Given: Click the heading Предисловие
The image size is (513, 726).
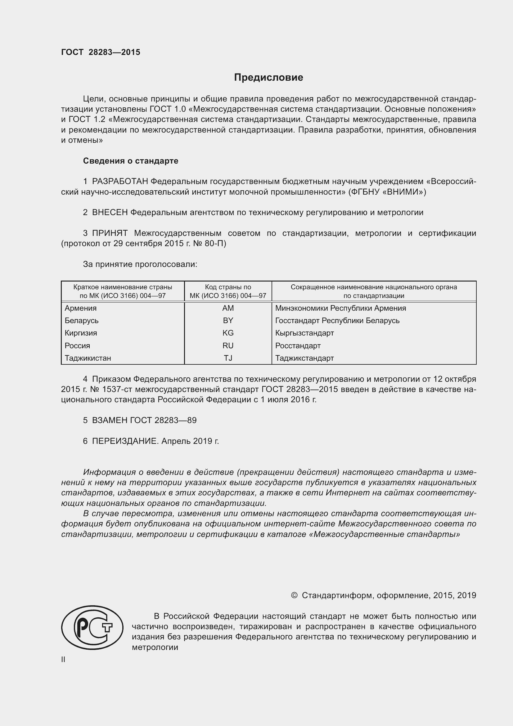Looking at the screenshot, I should (268, 78).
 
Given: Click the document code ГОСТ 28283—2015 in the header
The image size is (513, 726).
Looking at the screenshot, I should (101, 52).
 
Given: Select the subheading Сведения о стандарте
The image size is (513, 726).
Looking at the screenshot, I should (131, 161).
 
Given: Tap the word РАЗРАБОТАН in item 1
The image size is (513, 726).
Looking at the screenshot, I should (120, 182).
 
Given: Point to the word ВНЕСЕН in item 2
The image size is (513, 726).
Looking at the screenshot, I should (110, 213).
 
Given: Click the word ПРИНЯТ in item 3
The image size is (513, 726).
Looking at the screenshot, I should (110, 233).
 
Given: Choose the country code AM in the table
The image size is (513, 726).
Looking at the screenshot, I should (228, 308).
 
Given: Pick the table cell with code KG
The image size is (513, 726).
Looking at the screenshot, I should (228, 333).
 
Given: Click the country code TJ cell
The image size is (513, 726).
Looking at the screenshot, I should (228, 358).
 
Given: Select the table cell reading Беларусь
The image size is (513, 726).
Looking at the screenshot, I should (82, 321).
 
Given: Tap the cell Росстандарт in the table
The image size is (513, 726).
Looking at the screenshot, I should (298, 345).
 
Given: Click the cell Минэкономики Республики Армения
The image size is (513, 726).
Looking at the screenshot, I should (340, 308).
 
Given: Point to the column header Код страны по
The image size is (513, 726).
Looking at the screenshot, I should (228, 287).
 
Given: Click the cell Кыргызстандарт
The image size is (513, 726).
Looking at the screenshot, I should (304, 333).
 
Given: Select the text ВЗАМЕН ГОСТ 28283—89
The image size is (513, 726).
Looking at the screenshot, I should (144, 420).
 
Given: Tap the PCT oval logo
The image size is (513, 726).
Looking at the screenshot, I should (92, 627).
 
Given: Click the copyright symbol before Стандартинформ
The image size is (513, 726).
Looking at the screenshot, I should (294, 595).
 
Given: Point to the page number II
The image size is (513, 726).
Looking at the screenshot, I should (63, 660).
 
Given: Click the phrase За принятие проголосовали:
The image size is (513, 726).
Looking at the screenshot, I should (140, 264).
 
